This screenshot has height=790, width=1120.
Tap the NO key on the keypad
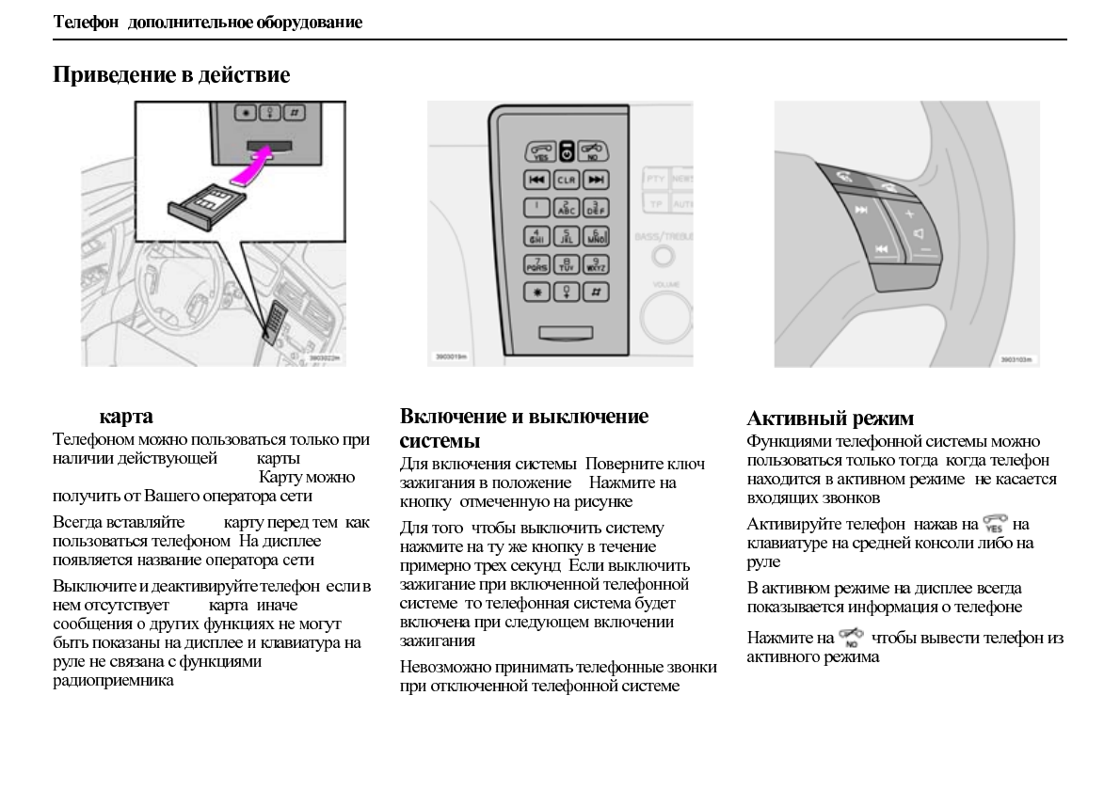(x=595, y=150)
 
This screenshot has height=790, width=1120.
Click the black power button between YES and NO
(x=566, y=150)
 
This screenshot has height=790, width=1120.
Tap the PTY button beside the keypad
(x=654, y=178)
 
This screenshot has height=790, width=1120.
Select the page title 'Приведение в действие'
(x=170, y=74)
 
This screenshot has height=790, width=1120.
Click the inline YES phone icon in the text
(x=995, y=524)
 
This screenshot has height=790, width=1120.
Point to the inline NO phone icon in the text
(x=853, y=638)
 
